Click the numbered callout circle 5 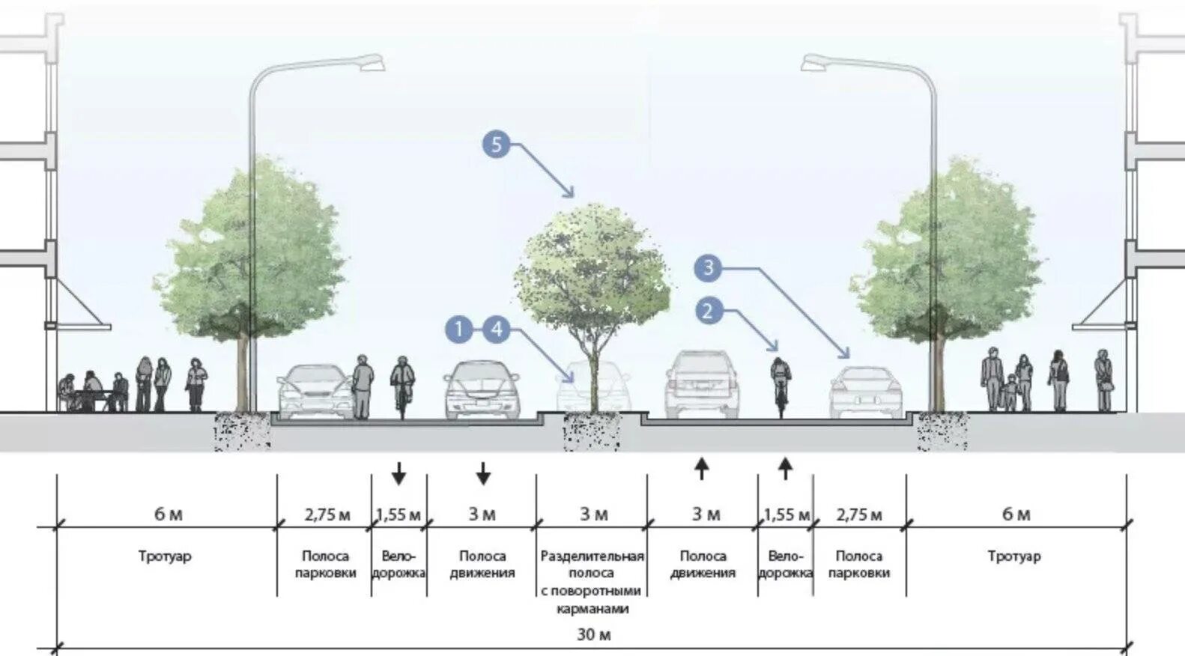(x=496, y=143)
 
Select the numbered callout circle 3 (x=708, y=267)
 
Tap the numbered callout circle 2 (x=708, y=310)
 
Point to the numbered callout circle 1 (x=459, y=329)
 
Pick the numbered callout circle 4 (x=497, y=329)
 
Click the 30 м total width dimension (x=593, y=635)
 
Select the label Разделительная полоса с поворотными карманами (x=592, y=582)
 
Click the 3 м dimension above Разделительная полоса (x=593, y=514)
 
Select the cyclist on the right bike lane (x=780, y=382)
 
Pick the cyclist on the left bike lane (x=402, y=383)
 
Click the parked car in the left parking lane (x=315, y=391)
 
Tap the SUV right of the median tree (x=702, y=384)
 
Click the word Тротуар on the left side (x=165, y=556)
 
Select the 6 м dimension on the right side (x=1016, y=514)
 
